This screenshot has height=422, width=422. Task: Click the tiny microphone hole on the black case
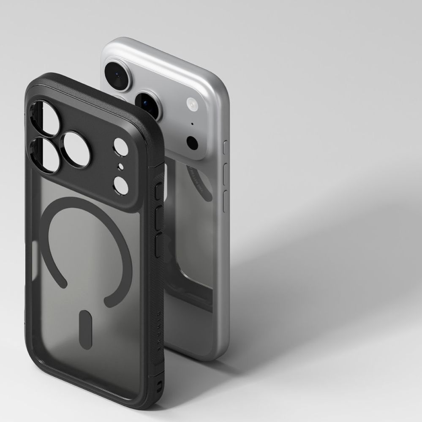[120, 166]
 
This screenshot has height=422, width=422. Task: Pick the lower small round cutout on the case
[121, 185]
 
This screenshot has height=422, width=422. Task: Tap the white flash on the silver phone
[192, 103]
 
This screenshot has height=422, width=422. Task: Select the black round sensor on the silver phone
[193, 142]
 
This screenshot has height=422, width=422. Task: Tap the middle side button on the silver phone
[225, 172]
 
